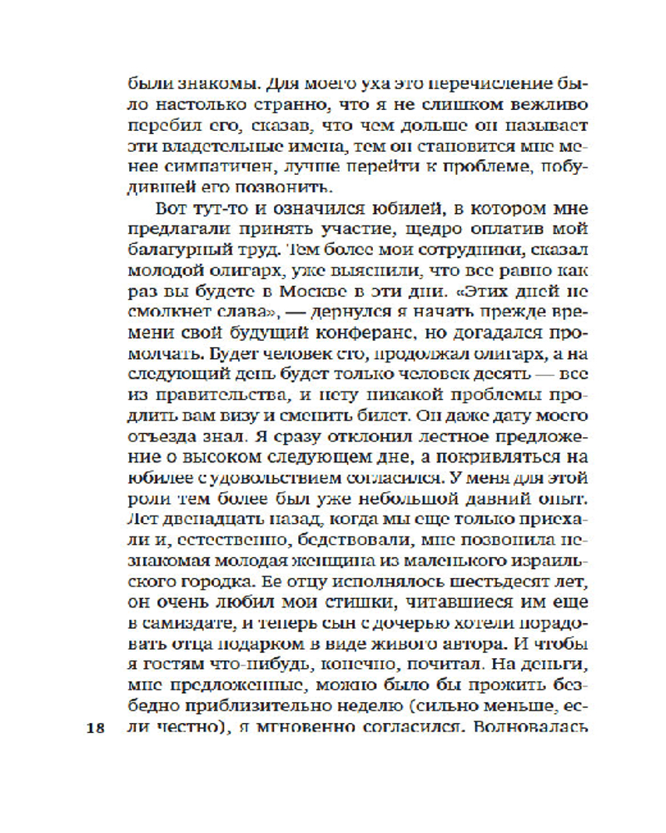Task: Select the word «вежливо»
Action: click(x=551, y=107)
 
